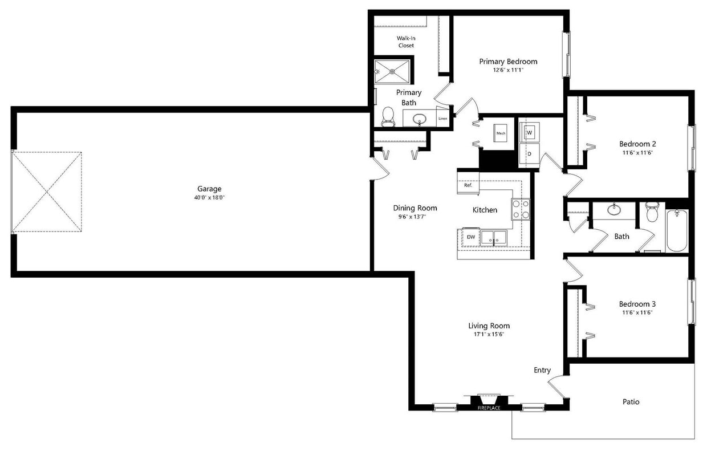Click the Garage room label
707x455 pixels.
coord(209,189)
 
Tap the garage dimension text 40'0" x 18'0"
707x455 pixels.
coord(209,198)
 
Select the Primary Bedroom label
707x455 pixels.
coord(508,62)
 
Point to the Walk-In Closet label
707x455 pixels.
coord(406,42)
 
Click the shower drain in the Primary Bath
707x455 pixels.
coord(392,71)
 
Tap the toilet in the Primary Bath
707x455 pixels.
coord(388,116)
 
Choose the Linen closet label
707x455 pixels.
coord(442,119)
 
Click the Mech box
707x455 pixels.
coord(501,133)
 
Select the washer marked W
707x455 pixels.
coord(529,133)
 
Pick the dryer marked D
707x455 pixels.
coord(529,154)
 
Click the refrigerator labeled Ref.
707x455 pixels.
coord(468,185)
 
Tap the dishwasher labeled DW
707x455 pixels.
coord(471,237)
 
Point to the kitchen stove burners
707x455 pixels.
coord(520,209)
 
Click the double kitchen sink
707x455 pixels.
coord(494,238)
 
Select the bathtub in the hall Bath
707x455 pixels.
coord(677,231)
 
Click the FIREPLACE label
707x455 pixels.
coord(489,408)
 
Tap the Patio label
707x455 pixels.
coord(631,402)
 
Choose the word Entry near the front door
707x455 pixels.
coord(542,370)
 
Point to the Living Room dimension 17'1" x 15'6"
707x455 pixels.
coord(489,335)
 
